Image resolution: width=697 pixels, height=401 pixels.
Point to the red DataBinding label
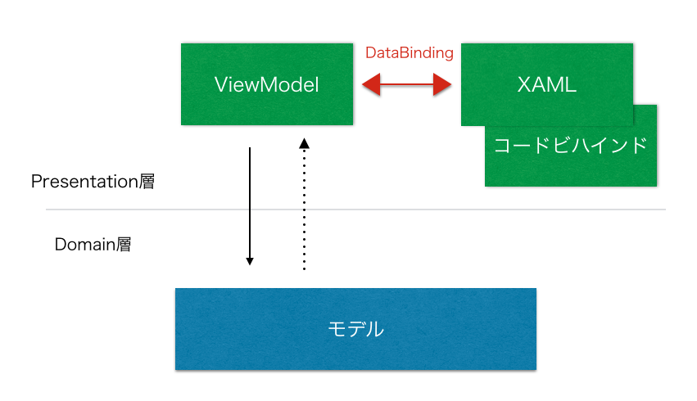pos(409,53)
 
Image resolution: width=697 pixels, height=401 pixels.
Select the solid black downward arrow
pos(250,205)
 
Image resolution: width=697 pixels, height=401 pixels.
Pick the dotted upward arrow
pos(304,205)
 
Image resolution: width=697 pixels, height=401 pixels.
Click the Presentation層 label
pos(93,182)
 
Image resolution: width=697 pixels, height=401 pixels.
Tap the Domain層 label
pos(93,244)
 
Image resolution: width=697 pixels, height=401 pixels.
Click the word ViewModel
pos(266,84)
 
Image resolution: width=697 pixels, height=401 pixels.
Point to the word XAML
pos(547,84)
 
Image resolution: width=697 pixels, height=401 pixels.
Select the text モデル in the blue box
pos(355,329)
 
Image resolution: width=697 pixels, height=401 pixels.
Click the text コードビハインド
pos(572,146)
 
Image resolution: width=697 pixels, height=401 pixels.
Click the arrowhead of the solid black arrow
pos(250,261)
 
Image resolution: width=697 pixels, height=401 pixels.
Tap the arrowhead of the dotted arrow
pos(304,143)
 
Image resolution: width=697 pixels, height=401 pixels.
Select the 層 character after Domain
pos(124,244)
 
